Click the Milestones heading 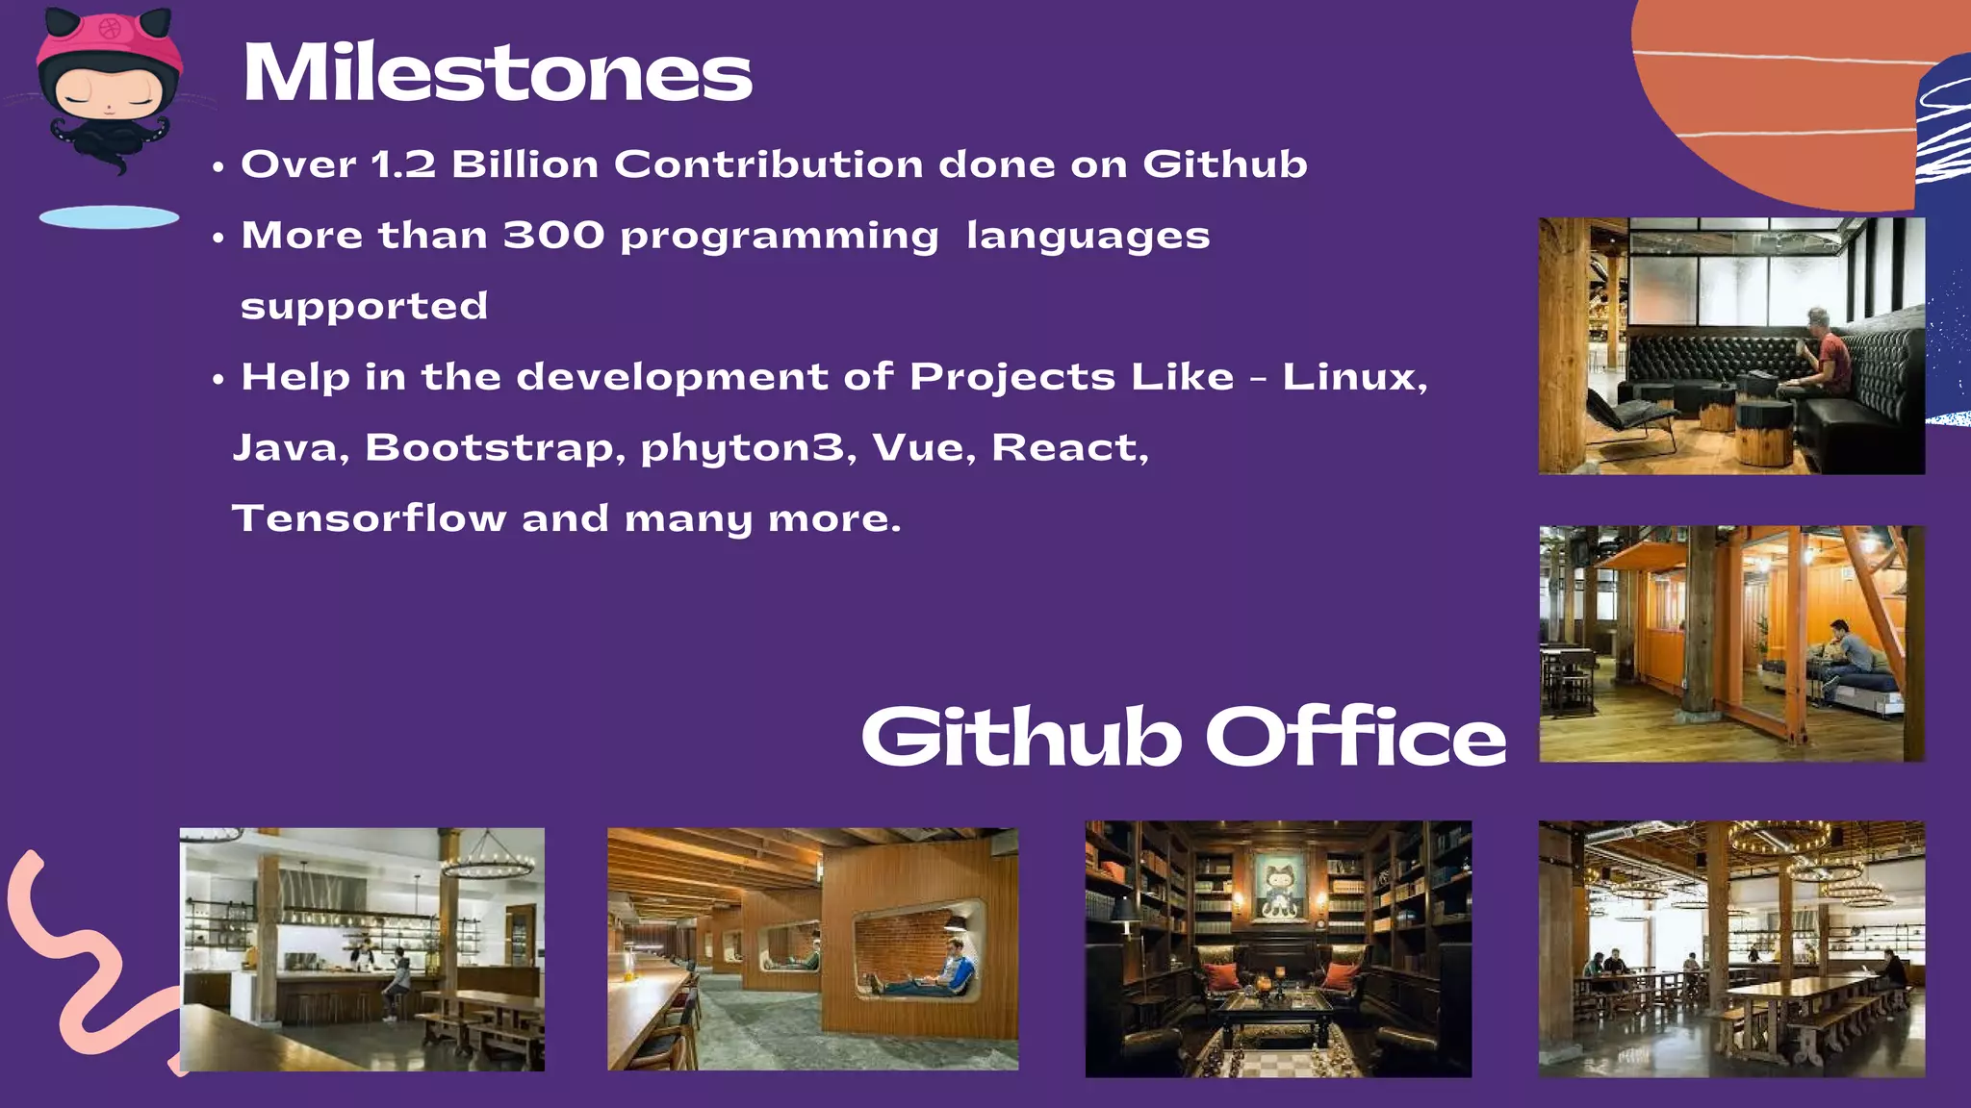tap(497, 73)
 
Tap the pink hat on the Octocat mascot tap(109, 42)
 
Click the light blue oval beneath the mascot tap(109, 217)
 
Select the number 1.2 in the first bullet tap(402, 164)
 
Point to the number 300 tap(553, 236)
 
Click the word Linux tap(1352, 377)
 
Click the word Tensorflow tap(370, 518)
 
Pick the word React tap(1068, 448)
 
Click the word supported tap(364, 307)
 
